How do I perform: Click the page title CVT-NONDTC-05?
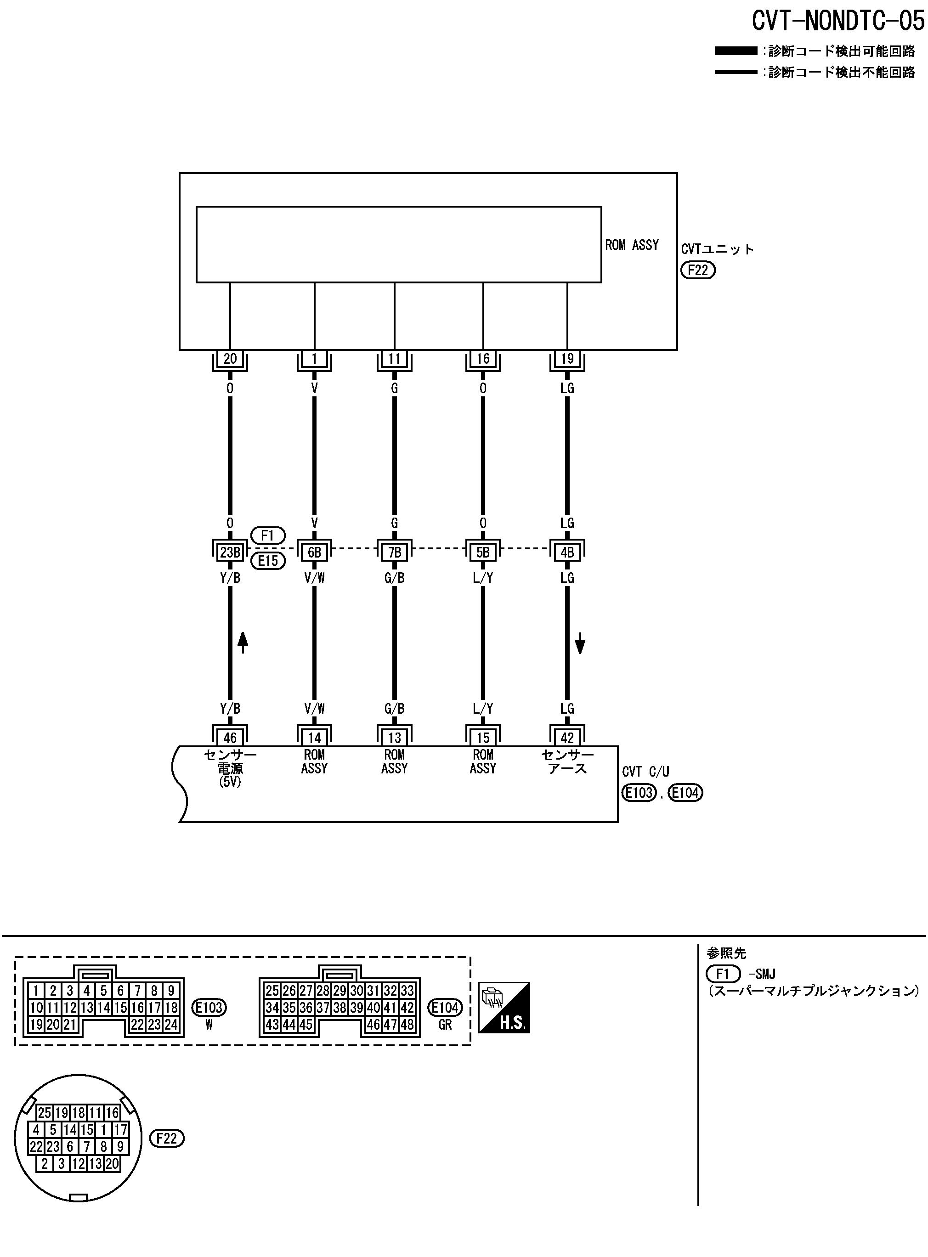[x=837, y=21]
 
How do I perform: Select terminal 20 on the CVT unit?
[x=230, y=359]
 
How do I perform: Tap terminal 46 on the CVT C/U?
[x=230, y=737]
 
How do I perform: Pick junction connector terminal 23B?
[x=230, y=552]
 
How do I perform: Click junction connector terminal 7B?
[x=394, y=552]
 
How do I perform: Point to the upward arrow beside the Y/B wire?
[x=243, y=642]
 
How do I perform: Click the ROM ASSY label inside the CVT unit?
[x=631, y=245]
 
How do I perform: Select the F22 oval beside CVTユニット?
[x=698, y=270]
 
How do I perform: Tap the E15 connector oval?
[x=268, y=560]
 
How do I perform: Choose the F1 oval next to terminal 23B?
[x=268, y=535]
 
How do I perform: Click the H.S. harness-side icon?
[x=504, y=1007]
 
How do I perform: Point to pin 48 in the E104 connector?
[x=407, y=1025]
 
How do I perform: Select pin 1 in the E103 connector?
[x=36, y=991]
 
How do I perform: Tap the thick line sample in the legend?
[x=736, y=51]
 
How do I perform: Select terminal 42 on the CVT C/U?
[x=567, y=737]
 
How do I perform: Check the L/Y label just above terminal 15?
[x=482, y=709]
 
